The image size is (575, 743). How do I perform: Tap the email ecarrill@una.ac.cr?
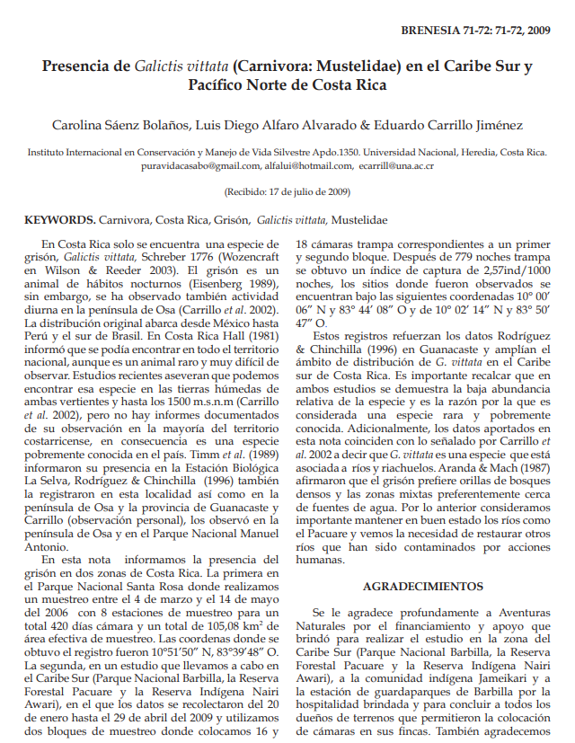pyautogui.click(x=383, y=166)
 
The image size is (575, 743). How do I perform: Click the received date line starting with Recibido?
pyautogui.click(x=287, y=191)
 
